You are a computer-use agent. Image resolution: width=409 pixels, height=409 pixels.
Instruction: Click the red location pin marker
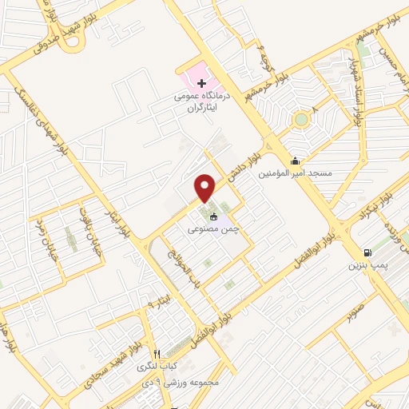coord(205,187)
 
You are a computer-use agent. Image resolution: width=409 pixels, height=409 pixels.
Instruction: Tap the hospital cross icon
coord(201,83)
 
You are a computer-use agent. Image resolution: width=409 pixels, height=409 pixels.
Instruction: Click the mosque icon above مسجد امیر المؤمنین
coord(297,160)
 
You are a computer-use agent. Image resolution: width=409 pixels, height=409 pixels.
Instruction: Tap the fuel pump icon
coord(367,251)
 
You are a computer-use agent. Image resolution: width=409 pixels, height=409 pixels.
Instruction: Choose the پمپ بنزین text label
coord(367,263)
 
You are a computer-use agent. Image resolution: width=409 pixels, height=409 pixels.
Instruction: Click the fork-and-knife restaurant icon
coord(157,354)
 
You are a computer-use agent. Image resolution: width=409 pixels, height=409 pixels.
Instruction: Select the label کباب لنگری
coord(152,366)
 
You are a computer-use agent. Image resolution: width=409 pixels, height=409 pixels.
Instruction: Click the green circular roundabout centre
coord(300,121)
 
